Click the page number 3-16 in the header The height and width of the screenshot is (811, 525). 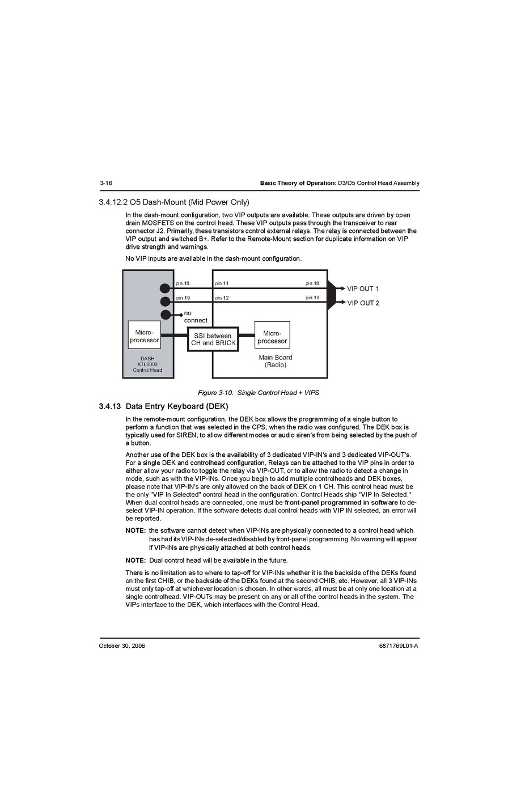(x=105, y=183)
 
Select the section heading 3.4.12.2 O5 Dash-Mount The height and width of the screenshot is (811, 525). (x=173, y=202)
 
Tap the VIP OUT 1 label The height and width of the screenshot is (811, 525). (x=363, y=288)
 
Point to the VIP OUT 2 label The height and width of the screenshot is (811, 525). (x=363, y=303)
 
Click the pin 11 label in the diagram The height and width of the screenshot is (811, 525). (x=222, y=283)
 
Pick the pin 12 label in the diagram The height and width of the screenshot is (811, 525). (x=222, y=298)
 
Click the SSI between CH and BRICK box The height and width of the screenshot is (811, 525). (x=213, y=339)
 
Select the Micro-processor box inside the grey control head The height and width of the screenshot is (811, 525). (x=145, y=336)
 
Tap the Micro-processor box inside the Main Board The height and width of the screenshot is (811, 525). (x=272, y=337)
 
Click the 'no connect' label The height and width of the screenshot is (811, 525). (x=195, y=317)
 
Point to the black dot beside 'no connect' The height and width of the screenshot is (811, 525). (x=166, y=315)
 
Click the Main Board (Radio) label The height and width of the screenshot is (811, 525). (x=276, y=361)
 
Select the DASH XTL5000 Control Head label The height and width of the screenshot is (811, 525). (x=147, y=364)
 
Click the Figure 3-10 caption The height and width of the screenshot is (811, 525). (x=258, y=393)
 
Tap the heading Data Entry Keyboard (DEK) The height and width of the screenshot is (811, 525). (x=176, y=406)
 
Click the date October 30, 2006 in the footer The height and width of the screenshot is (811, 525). (x=122, y=646)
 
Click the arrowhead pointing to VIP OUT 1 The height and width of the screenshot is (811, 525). (x=342, y=288)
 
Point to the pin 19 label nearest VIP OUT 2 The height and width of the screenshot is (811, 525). (x=312, y=298)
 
